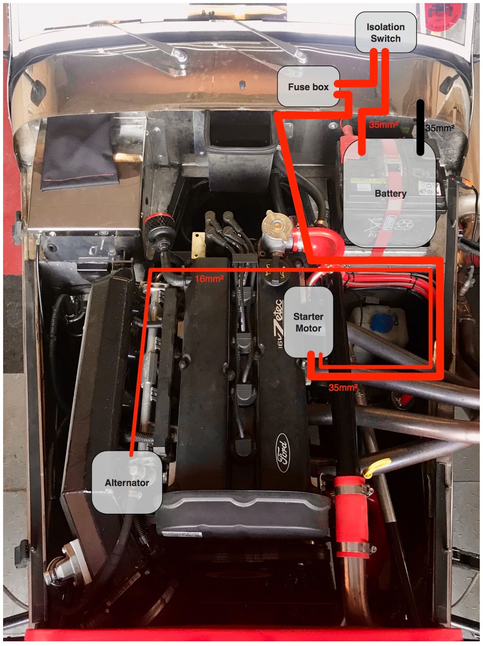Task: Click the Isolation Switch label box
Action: pos(386,32)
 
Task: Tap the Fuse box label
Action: pos(308,86)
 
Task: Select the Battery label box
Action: pos(390,193)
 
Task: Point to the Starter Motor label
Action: pos(308,322)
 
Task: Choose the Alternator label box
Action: pos(127,482)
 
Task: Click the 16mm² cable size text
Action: pos(209,279)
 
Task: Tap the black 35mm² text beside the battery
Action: pos(440,128)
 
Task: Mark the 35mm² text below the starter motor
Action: pos(343,388)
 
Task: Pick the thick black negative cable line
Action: pos(420,127)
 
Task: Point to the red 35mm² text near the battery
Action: pos(383,125)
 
